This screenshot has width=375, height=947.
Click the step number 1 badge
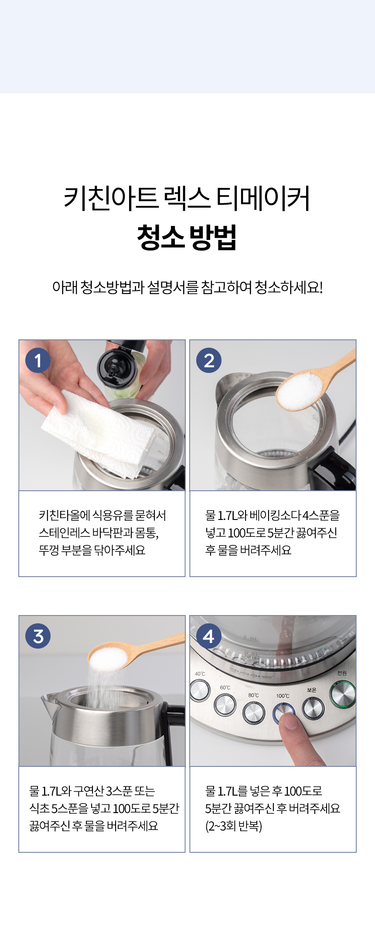(38, 360)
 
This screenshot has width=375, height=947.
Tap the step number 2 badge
(209, 360)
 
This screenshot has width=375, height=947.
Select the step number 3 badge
(38, 636)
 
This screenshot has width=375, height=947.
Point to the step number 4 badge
(209, 636)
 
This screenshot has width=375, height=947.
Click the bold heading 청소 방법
(187, 237)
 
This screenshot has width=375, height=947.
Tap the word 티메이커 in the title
(263, 198)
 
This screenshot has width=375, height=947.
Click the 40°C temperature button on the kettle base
(200, 691)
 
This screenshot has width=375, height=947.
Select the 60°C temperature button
(225, 704)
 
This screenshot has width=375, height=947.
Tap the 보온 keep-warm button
(313, 708)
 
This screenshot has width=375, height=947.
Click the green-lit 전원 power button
(344, 694)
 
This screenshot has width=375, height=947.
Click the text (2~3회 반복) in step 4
(234, 826)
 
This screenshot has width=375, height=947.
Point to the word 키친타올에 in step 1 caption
(65, 515)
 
